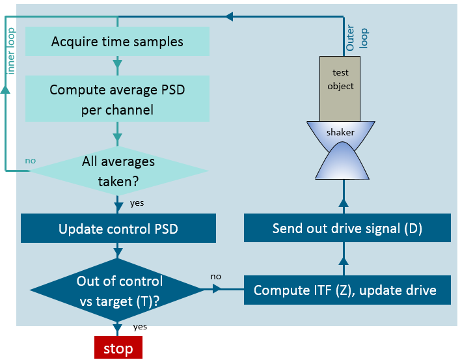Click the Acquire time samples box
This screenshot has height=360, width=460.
click(x=117, y=42)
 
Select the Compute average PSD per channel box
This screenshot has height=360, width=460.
click(x=117, y=99)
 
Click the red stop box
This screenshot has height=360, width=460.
click(x=118, y=348)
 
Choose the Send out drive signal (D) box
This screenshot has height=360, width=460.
click(x=347, y=229)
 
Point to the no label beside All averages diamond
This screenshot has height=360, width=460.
click(x=30, y=160)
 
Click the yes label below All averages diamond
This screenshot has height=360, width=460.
click(x=137, y=203)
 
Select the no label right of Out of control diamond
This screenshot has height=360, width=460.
click(x=216, y=277)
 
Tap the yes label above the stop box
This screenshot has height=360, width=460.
click(x=140, y=327)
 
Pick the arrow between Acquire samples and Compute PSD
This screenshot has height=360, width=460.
click(x=118, y=64)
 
